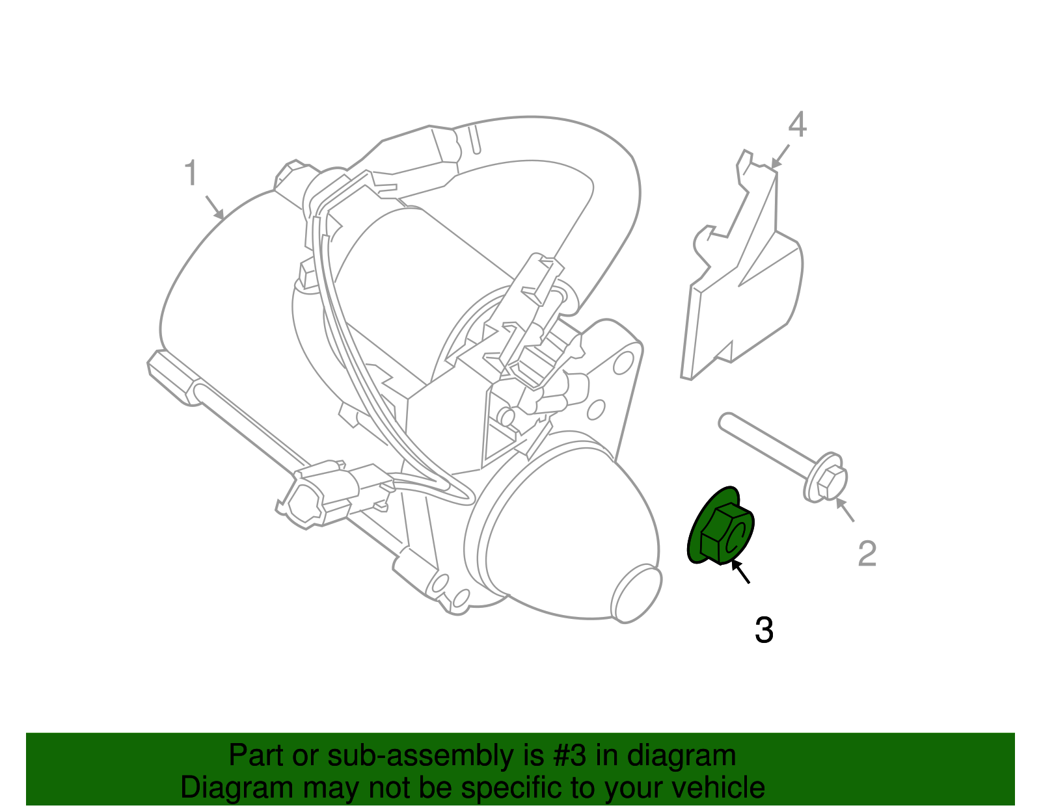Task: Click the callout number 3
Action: (764, 631)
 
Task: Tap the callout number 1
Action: (190, 174)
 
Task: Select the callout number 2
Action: (867, 555)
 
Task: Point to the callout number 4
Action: (797, 125)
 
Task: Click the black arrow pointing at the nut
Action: (741, 572)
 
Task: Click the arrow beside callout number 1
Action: (215, 207)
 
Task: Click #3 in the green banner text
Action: (571, 755)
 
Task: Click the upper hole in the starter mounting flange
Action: (623, 361)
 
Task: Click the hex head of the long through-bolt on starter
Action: (170, 378)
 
